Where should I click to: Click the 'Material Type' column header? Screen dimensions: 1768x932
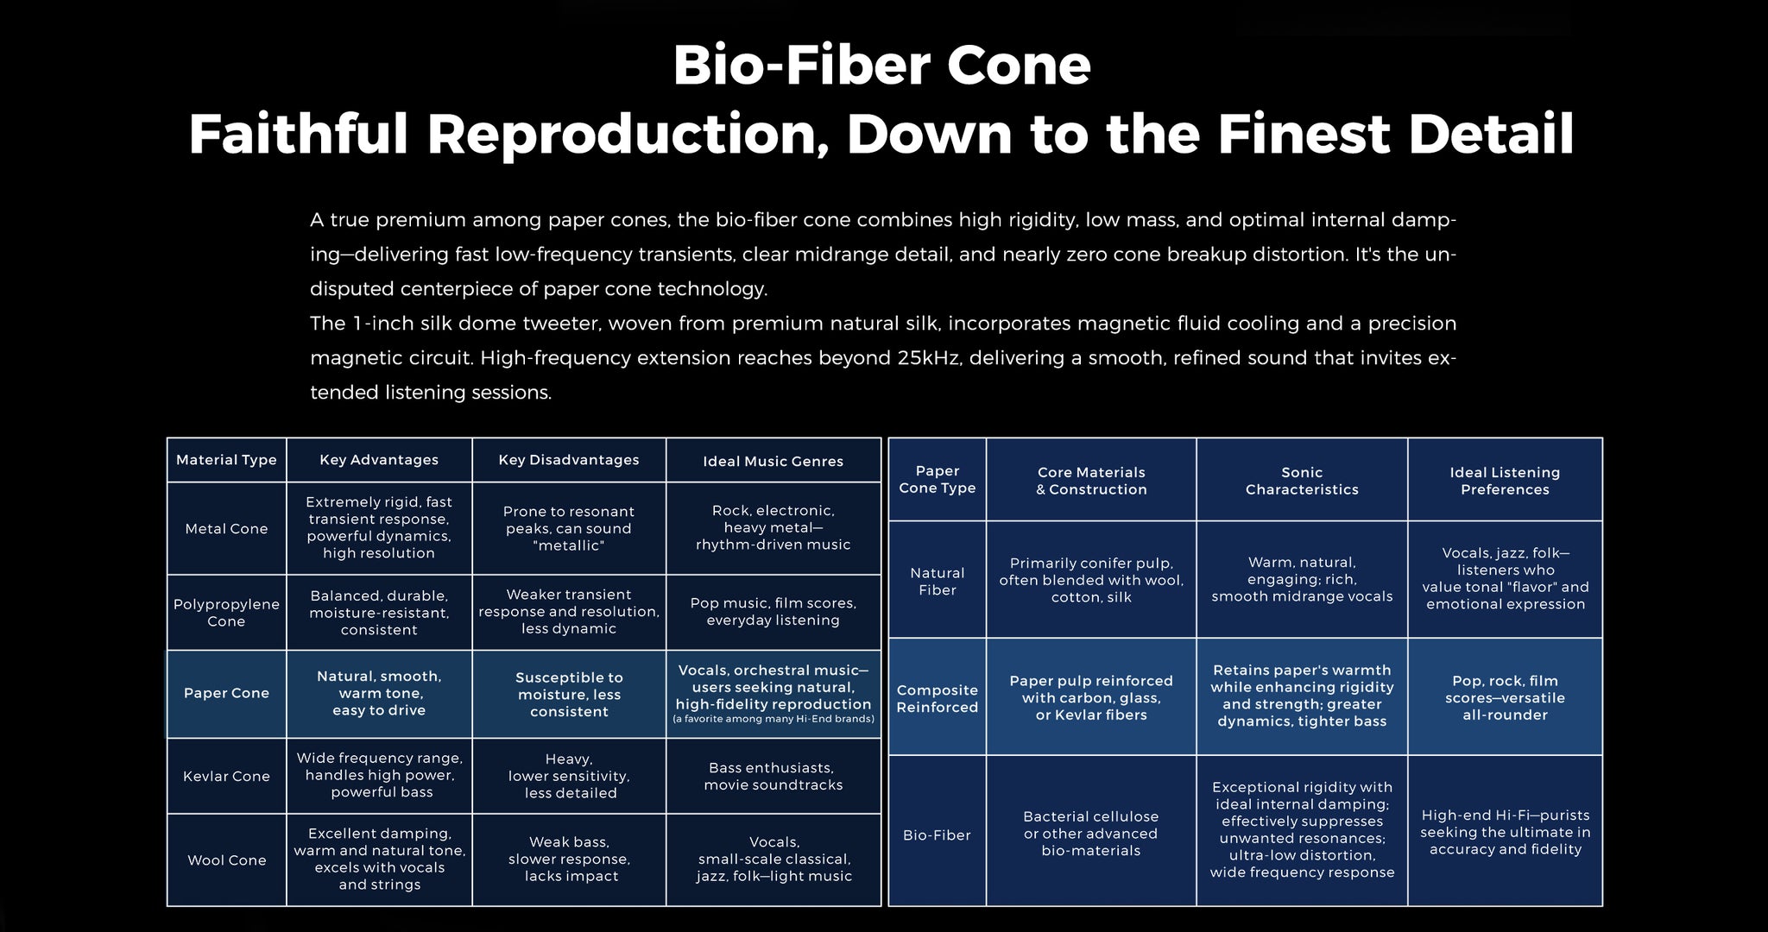(226, 460)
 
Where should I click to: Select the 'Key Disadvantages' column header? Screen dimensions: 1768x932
(569, 460)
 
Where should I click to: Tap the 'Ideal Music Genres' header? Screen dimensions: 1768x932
(773, 462)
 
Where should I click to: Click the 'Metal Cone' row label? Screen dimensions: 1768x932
(226, 529)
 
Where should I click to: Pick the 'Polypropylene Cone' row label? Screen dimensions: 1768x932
(226, 613)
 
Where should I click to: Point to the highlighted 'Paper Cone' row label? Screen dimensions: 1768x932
(226, 693)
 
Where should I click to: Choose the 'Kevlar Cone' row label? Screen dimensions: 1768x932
(226, 777)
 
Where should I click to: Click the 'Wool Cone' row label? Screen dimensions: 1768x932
(227, 860)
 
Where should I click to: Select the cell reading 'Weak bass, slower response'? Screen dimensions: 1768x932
(570, 860)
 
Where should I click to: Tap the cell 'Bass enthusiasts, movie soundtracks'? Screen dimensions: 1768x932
(773, 777)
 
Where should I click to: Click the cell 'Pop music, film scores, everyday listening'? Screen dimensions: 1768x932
(773, 612)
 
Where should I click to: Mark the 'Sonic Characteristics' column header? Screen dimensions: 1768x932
(1302, 481)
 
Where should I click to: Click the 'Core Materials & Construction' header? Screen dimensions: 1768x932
(1091, 481)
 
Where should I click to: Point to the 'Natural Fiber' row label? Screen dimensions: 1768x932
(938, 582)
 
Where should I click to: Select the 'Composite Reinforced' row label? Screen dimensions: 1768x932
(938, 699)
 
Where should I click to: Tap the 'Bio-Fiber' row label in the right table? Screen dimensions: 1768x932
(937, 835)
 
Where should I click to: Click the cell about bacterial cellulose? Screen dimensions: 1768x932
(1091, 834)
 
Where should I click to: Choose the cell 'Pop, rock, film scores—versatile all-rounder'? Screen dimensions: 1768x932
(1506, 698)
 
